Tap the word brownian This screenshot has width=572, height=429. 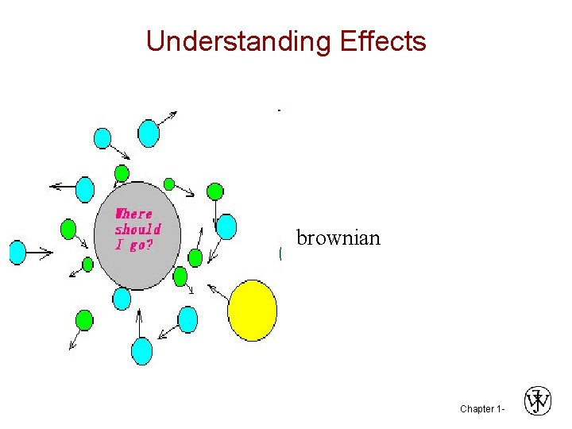pos(338,238)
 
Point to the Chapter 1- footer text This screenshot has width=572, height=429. pos(481,408)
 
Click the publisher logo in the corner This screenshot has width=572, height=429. pos(537,401)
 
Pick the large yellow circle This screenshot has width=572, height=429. pos(253,311)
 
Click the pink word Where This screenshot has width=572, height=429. pos(133,214)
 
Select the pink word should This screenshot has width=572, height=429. pos(138,230)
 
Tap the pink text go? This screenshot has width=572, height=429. pos(141,245)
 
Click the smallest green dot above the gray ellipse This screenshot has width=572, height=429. pos(169,184)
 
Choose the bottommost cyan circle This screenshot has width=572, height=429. pos(141,350)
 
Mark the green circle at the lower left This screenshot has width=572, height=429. pos(83,320)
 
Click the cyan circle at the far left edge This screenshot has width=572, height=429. pos(17,253)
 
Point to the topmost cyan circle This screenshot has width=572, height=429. pos(149,133)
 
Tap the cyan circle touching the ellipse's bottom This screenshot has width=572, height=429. pos(122,298)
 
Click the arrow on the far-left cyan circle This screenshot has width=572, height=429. pos(40,253)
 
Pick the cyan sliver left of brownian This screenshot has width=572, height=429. pos(281,253)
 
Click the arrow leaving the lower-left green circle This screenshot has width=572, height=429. pos(75,339)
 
